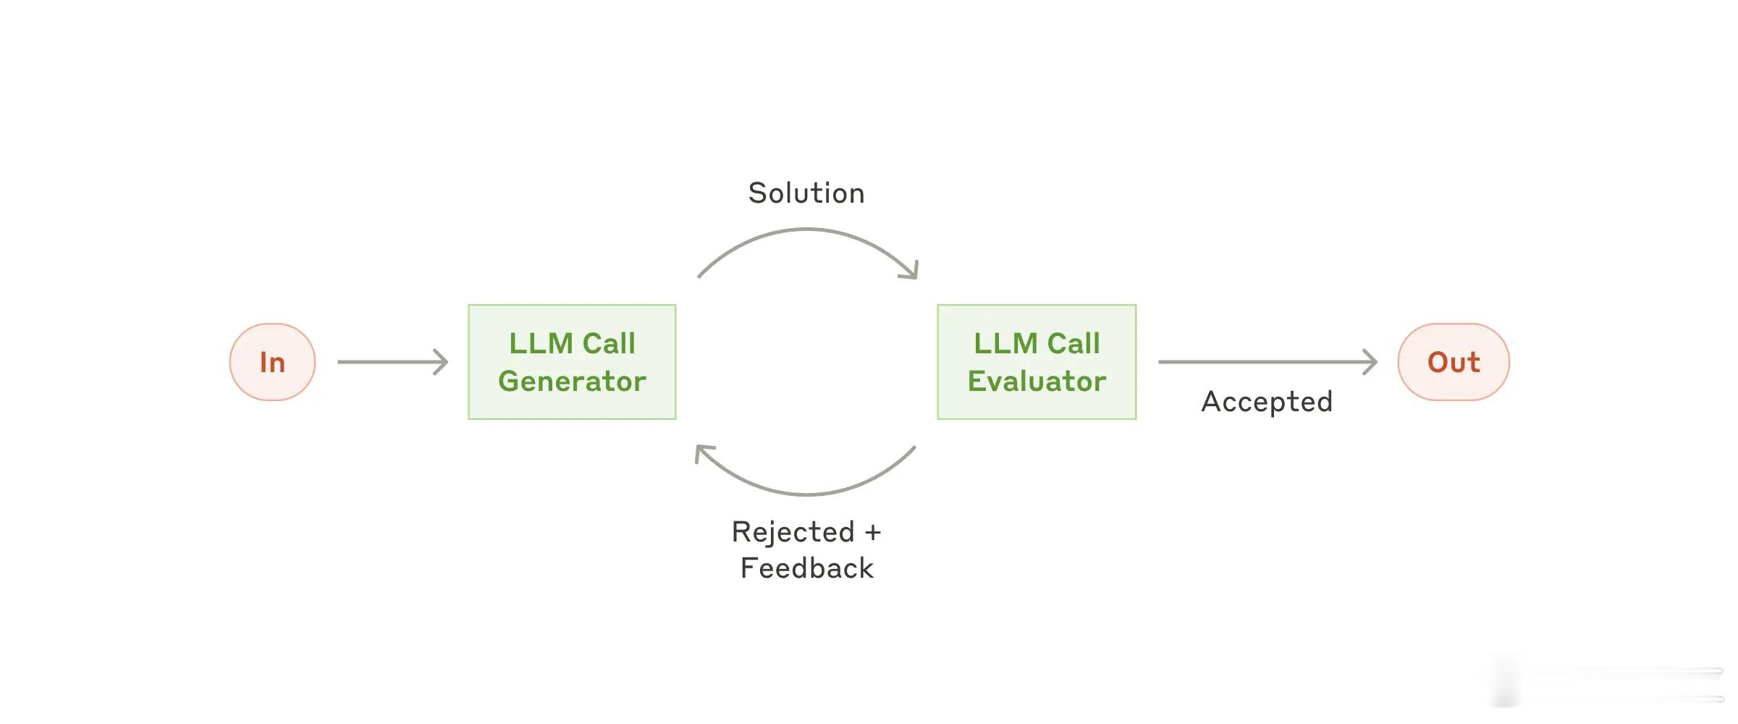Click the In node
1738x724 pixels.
272,362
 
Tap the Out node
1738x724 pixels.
1454,362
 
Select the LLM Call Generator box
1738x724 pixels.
572,362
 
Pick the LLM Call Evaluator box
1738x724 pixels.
1037,362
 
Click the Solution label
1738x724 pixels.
806,193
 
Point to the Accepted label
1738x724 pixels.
1267,402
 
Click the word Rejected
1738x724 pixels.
793,532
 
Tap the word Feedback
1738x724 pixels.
807,568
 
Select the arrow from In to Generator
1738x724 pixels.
393,362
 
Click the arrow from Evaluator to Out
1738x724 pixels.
1267,362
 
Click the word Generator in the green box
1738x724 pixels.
572,382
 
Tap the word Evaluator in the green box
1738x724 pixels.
1037,382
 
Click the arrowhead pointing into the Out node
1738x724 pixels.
1370,362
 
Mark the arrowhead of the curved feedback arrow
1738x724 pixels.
704,453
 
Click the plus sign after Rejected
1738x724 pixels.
873,533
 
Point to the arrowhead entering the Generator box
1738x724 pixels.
441,362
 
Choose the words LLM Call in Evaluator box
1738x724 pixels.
1037,343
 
